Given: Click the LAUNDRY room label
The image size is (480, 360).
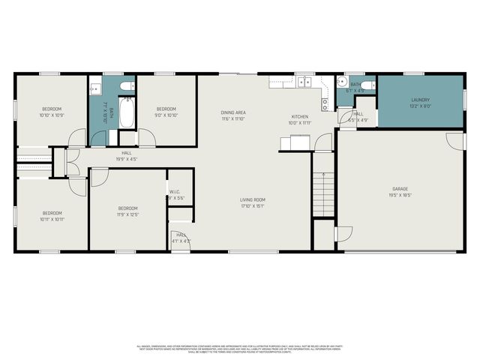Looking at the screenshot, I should tap(420, 100).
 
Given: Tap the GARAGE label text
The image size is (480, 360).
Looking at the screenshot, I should tap(400, 188).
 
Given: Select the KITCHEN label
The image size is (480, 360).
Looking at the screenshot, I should tap(300, 116).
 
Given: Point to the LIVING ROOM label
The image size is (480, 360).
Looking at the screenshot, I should tap(253, 199).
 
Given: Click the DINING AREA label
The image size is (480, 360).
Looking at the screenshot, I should tap(233, 112).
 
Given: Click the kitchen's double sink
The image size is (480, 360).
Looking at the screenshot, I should tap(304, 82).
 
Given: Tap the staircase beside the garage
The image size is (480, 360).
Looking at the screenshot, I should tap(322, 193).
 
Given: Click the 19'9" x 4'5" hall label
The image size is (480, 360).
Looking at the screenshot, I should tap(126, 154).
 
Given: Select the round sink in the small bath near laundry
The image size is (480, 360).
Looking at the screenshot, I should tap(343, 83).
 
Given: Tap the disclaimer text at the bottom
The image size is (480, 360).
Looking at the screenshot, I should tap(239, 349).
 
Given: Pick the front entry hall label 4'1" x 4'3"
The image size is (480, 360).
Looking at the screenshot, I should tap(181, 238).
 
